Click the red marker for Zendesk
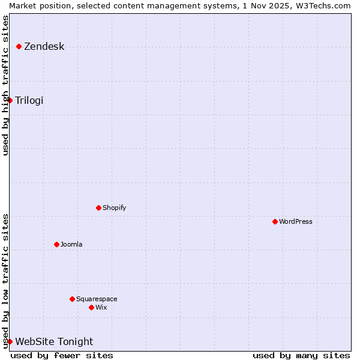coord(19,46)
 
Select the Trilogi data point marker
coord(10,100)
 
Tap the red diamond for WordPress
coord(275,221)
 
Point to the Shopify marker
coord(98,208)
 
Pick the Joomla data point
coord(56,244)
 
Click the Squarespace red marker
coord(72,299)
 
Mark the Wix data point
coord(91,307)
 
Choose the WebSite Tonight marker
coord(10,341)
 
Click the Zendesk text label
coord(44,46)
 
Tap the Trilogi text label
coord(29,100)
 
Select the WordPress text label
coord(295,221)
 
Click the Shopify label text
coord(114,208)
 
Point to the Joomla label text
coord(71,244)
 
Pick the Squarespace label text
coord(97,299)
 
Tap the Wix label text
coord(101,307)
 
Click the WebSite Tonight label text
coord(54,341)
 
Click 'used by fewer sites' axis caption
coord(62,355)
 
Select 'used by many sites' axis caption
coord(301,355)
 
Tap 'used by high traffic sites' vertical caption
coord(5,85)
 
